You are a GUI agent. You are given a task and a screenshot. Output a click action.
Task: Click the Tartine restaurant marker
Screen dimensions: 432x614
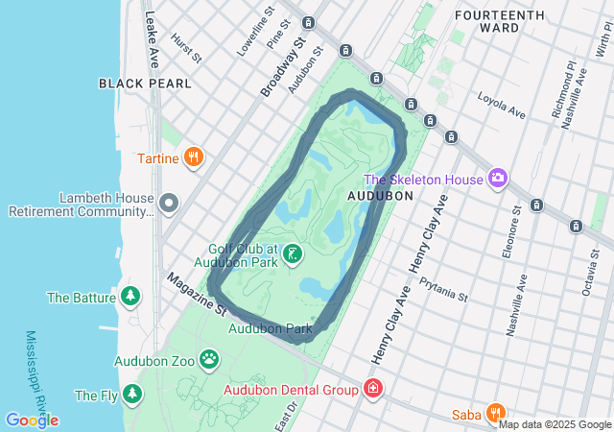tap(194, 156)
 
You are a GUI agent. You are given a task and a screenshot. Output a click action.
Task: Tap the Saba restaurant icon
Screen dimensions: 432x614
tap(495, 413)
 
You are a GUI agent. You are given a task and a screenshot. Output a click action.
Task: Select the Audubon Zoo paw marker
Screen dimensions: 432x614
tap(209, 360)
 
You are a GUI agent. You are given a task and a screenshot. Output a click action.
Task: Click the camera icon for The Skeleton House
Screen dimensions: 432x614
tap(497, 178)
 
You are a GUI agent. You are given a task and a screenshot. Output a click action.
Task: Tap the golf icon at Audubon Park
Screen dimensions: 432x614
tap(293, 253)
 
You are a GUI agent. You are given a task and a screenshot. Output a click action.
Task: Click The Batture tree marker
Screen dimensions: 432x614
tap(130, 297)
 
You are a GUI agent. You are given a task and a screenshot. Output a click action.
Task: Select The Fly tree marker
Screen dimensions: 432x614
tap(130, 394)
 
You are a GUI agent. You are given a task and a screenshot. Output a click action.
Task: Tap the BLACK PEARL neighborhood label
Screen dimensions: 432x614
tap(145, 84)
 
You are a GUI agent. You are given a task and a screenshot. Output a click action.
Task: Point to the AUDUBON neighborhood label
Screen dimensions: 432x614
tap(381, 195)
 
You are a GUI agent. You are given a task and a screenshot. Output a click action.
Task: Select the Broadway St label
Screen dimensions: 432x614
tap(282, 68)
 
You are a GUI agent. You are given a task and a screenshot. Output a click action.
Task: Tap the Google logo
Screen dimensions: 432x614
tap(32, 420)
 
